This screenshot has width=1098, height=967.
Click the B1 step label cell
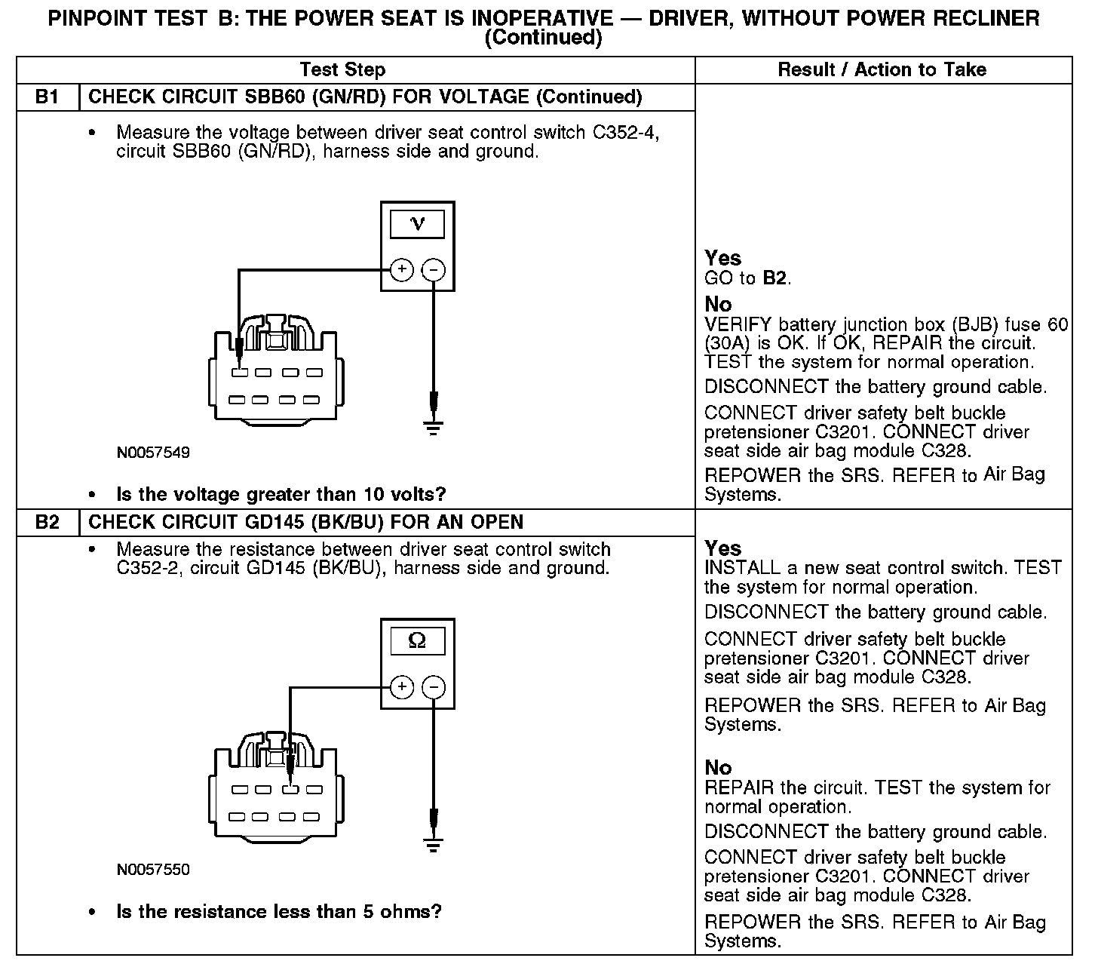tap(47, 97)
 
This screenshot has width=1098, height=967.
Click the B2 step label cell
tap(47, 522)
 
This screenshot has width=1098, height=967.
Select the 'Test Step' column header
tap(342, 70)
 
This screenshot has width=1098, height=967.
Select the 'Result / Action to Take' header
tap(882, 70)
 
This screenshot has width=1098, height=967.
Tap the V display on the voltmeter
tap(417, 224)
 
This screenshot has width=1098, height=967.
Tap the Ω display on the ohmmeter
tap(417, 641)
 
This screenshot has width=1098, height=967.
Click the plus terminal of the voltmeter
tap(402, 269)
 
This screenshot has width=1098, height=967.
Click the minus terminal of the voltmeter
tap(433, 269)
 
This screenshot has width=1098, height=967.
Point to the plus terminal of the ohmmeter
tap(402, 686)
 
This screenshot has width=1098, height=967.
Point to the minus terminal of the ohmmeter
tap(433, 686)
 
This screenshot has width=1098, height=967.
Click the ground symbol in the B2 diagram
tap(433, 845)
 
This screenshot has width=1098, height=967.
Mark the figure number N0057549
tap(153, 453)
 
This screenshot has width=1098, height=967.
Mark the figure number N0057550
tap(153, 870)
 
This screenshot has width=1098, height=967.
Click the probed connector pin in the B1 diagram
tap(239, 373)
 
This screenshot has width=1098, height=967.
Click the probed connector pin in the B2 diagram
tap(289, 790)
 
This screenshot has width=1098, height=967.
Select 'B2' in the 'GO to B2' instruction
tap(774, 278)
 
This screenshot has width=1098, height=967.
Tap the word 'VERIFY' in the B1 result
tap(738, 325)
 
